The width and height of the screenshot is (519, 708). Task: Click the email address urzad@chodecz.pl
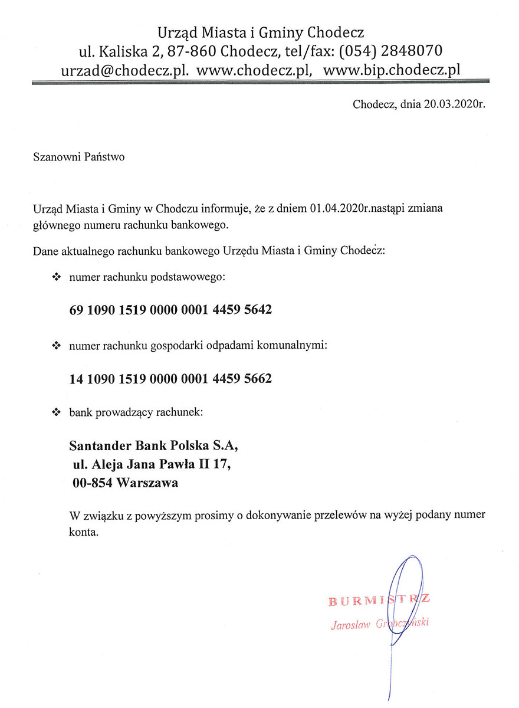click(125, 70)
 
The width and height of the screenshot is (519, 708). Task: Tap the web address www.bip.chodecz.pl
click(392, 70)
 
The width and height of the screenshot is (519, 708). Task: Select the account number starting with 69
click(170, 309)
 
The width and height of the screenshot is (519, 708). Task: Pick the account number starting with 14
click(170, 378)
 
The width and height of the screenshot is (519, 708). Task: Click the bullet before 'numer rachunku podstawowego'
click(57, 277)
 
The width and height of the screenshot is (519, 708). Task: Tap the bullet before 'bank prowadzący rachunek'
click(57, 412)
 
